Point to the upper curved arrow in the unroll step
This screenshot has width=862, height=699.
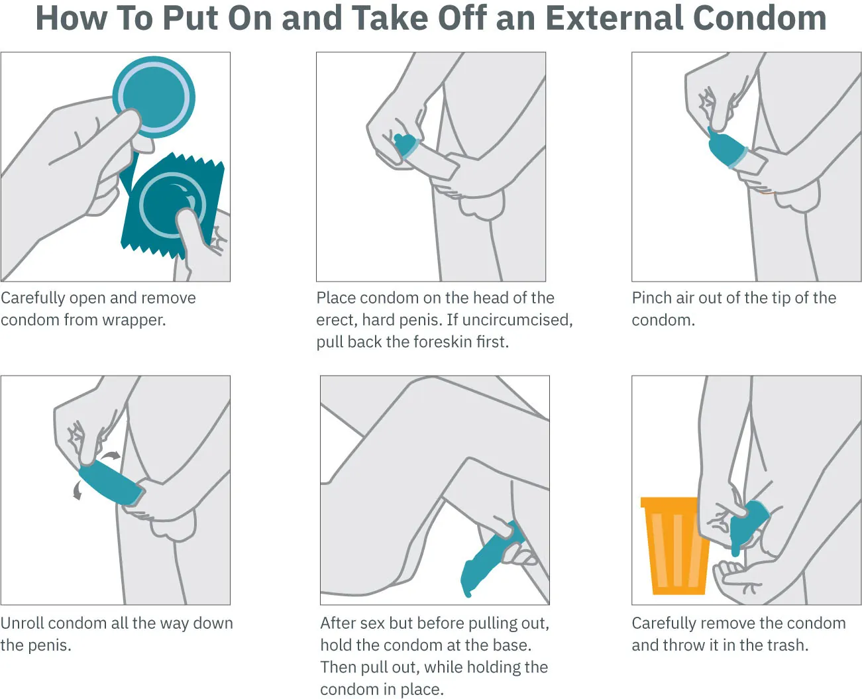tap(111, 455)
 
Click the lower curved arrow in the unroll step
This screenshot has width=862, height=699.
tap(78, 491)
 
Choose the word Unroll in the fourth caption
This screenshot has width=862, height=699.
tap(23, 623)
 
